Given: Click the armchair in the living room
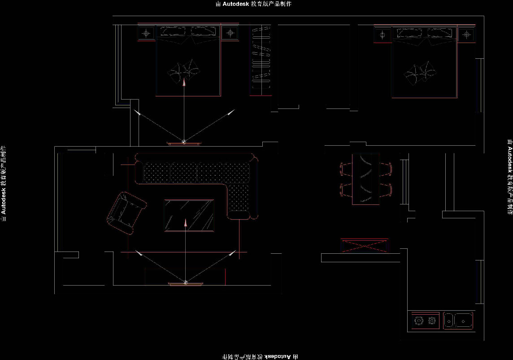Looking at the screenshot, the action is click(x=126, y=213).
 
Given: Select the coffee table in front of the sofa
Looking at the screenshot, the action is click(x=189, y=216).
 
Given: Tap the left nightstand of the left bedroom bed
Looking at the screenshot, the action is click(x=146, y=33).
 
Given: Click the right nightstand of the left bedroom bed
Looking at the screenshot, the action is click(x=230, y=33).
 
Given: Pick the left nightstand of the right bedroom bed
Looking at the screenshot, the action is click(x=383, y=35).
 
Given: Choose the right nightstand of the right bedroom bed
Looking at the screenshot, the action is click(x=466, y=35).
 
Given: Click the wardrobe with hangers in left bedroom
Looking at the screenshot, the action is click(x=261, y=60).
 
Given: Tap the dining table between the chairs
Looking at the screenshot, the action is click(x=366, y=178).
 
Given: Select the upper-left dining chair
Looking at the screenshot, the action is click(x=346, y=169).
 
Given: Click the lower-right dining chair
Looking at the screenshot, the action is click(x=386, y=190).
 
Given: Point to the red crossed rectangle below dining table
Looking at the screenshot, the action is click(x=364, y=246).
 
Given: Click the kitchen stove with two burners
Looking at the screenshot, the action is click(x=425, y=321).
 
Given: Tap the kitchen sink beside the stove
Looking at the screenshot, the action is click(x=458, y=321).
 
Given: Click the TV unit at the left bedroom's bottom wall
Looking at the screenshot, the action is click(x=184, y=143).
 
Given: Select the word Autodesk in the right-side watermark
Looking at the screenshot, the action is click(x=510, y=160).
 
